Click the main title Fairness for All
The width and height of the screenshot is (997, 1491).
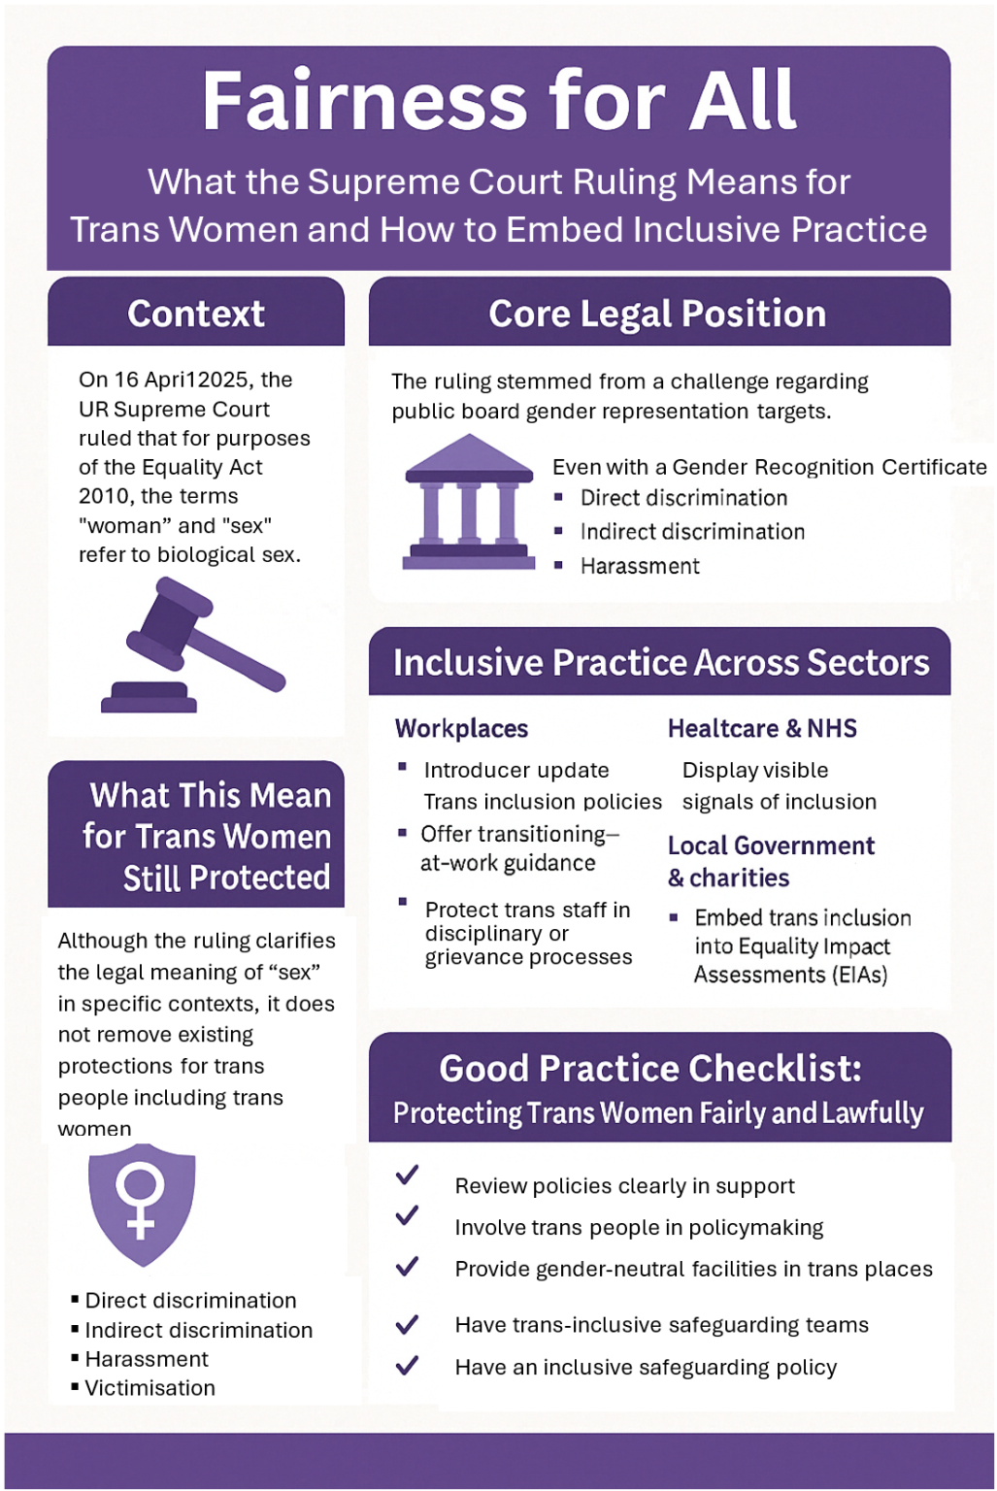[499, 100]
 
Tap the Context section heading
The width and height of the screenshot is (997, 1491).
[196, 314]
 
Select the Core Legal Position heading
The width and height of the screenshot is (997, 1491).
[657, 314]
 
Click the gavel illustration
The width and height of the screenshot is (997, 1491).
[193, 645]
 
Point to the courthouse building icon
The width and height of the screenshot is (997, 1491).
[469, 502]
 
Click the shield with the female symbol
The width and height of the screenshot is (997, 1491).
[142, 1204]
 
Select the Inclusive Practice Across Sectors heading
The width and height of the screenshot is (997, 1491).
[661, 662]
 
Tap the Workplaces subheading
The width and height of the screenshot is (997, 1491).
[461, 728]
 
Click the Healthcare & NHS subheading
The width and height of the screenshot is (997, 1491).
[762, 728]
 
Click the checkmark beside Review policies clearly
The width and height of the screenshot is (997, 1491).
[407, 1176]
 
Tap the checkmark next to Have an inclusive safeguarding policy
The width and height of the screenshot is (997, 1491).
[407, 1366]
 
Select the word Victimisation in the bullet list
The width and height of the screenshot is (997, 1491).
[150, 1388]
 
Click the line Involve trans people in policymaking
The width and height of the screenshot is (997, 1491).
[639, 1227]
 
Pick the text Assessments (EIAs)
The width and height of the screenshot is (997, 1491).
[790, 975]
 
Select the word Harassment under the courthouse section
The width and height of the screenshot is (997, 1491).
[640, 567]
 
